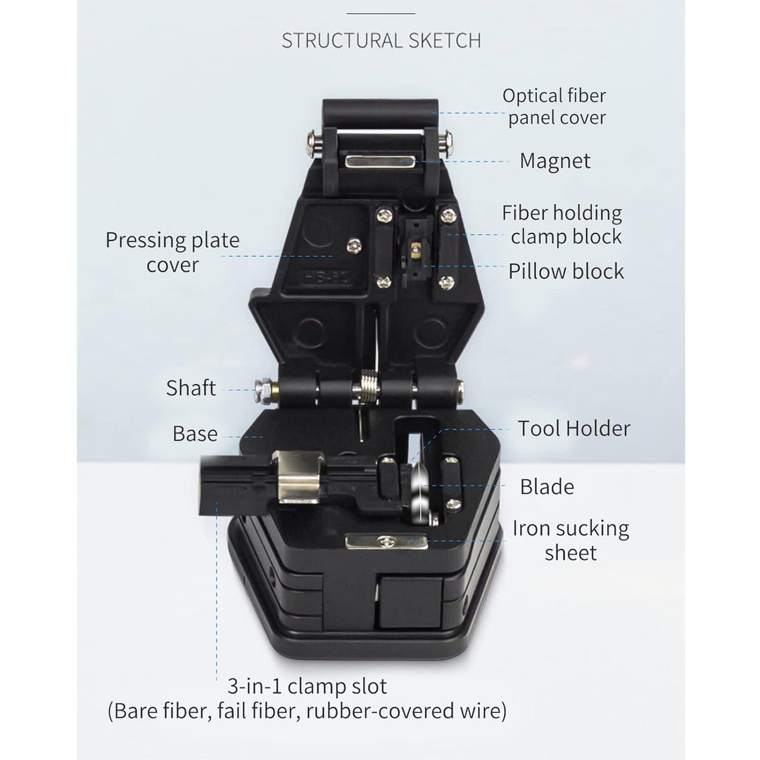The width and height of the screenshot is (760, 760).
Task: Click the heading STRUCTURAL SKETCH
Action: coord(381,41)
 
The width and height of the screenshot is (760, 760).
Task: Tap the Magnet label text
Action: coord(555,161)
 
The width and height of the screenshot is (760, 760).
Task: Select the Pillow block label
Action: coord(566,272)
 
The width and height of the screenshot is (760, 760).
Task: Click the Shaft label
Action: coord(191,388)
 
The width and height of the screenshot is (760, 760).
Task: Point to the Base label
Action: coord(195,433)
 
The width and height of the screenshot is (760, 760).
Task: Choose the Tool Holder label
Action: coord(574,429)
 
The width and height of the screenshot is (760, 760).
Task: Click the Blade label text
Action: coord(547,487)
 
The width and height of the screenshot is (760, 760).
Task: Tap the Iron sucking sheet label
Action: coord(571,540)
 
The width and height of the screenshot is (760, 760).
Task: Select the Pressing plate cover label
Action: coord(172,252)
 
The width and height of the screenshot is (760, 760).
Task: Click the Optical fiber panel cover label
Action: coord(555,107)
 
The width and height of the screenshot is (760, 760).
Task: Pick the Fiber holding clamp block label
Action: coord(562,224)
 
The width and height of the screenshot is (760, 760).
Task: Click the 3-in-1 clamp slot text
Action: coord(308,686)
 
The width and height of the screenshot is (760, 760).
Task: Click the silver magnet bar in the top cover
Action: coord(379,161)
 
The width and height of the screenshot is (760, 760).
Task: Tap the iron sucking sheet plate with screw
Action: coord(386,541)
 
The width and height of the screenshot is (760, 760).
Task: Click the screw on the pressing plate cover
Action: coord(354,245)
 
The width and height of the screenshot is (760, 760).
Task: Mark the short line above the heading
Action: coord(381,13)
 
